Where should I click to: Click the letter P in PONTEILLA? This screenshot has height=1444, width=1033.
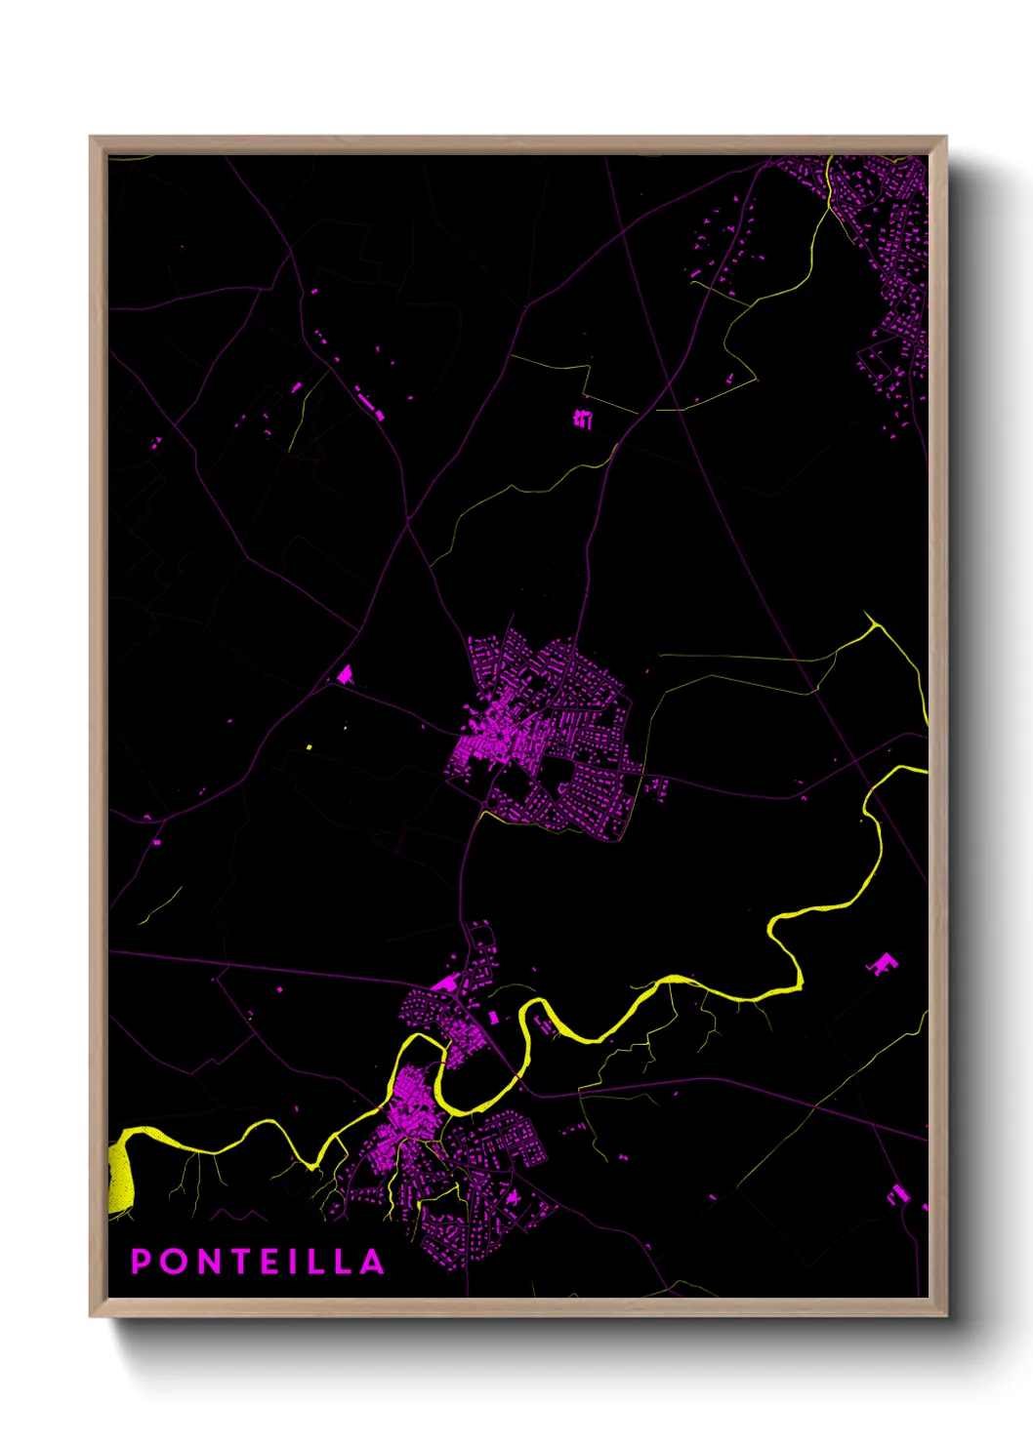(141, 1262)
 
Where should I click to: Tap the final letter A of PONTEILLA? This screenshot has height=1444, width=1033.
(372, 1262)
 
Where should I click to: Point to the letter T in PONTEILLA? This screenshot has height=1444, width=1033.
(239, 1262)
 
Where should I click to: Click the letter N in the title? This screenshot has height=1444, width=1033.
(206, 1262)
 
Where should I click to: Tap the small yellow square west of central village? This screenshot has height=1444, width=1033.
(310, 747)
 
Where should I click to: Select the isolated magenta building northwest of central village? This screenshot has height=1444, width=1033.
(344, 673)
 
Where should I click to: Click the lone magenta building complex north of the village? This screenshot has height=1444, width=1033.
(583, 419)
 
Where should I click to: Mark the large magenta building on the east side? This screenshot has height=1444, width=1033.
(883, 963)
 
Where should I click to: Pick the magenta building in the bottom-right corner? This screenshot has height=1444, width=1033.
(897, 1194)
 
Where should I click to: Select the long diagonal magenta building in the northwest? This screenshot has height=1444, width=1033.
(369, 403)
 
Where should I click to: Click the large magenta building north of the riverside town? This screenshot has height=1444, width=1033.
(446, 983)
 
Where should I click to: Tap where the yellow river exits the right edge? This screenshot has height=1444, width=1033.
(924, 770)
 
